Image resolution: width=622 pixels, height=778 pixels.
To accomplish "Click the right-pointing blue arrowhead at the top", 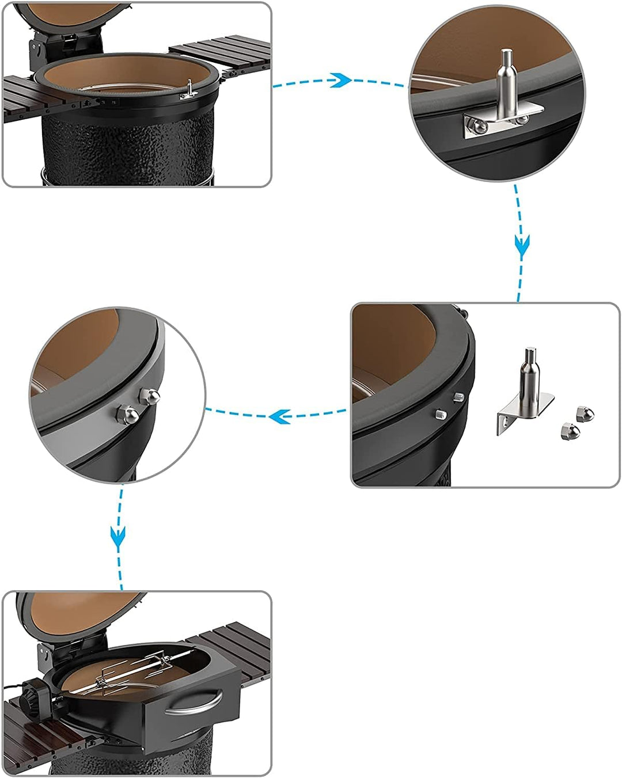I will click(x=342, y=80).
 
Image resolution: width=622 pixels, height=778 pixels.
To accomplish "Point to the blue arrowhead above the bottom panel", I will click(x=118, y=537).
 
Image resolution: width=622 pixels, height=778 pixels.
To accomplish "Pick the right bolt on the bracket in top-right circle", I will click(x=522, y=119).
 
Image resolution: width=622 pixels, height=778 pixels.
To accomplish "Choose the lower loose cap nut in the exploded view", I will click(x=567, y=431).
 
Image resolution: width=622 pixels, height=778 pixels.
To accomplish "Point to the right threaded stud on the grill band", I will click(x=458, y=397).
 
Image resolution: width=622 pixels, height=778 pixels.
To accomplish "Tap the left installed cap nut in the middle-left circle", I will click(x=127, y=413).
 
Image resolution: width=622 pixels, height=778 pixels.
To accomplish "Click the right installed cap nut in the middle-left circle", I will click(x=150, y=396).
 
